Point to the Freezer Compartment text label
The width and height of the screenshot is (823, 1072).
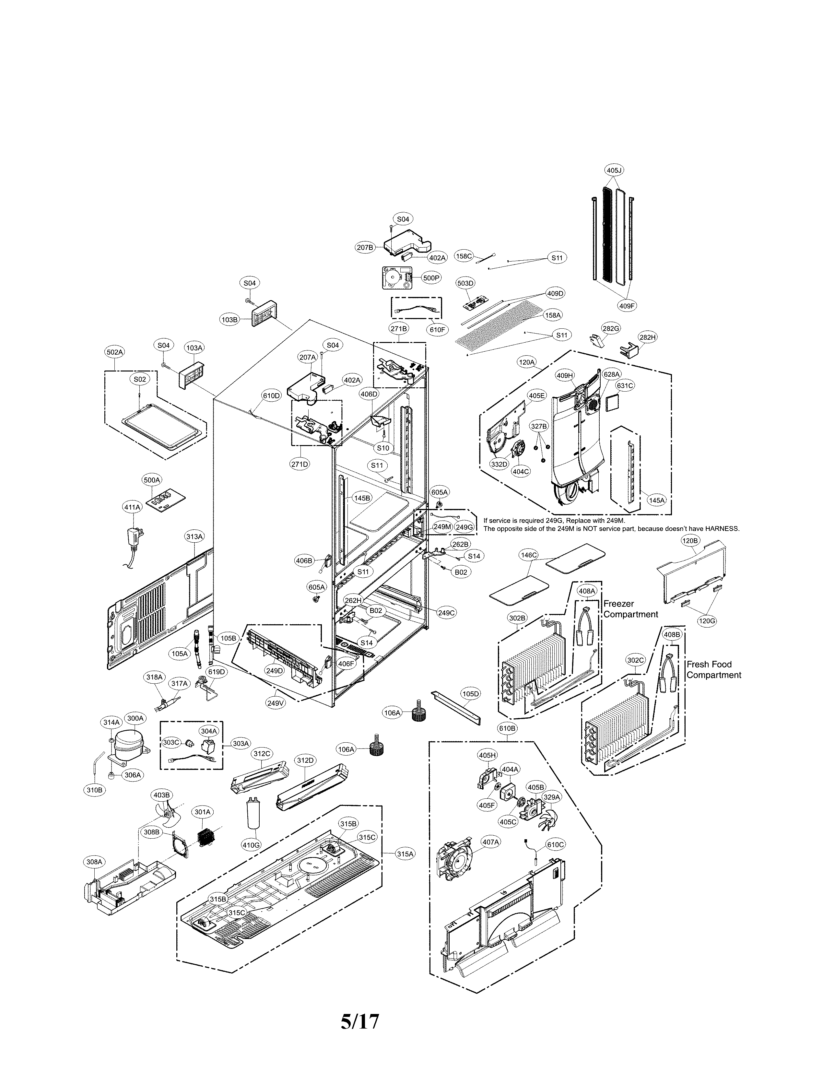pyautogui.click(x=630, y=609)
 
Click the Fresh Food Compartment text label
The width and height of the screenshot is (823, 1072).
pyautogui.click(x=713, y=670)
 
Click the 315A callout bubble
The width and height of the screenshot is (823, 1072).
pyautogui.click(x=405, y=854)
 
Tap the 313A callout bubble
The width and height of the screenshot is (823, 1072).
pyautogui.click(x=194, y=536)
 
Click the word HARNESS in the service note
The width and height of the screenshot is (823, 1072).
pyautogui.click(x=722, y=529)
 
